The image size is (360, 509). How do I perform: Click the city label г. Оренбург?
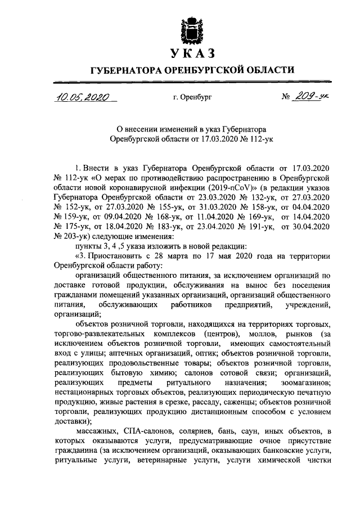pyautogui.click(x=192, y=97)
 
